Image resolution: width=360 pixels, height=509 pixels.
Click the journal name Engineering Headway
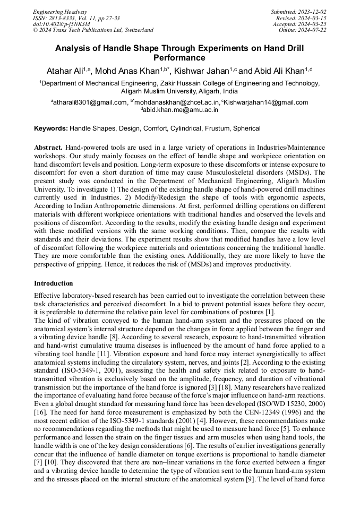click(60, 11)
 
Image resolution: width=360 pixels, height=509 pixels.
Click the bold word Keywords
click(51, 128)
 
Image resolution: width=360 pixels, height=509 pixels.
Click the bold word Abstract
click(48, 146)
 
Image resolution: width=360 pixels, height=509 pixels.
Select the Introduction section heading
click(54, 283)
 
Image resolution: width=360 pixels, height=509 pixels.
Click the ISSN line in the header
click(76, 18)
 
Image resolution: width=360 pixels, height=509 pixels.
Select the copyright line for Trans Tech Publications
click(93, 30)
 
